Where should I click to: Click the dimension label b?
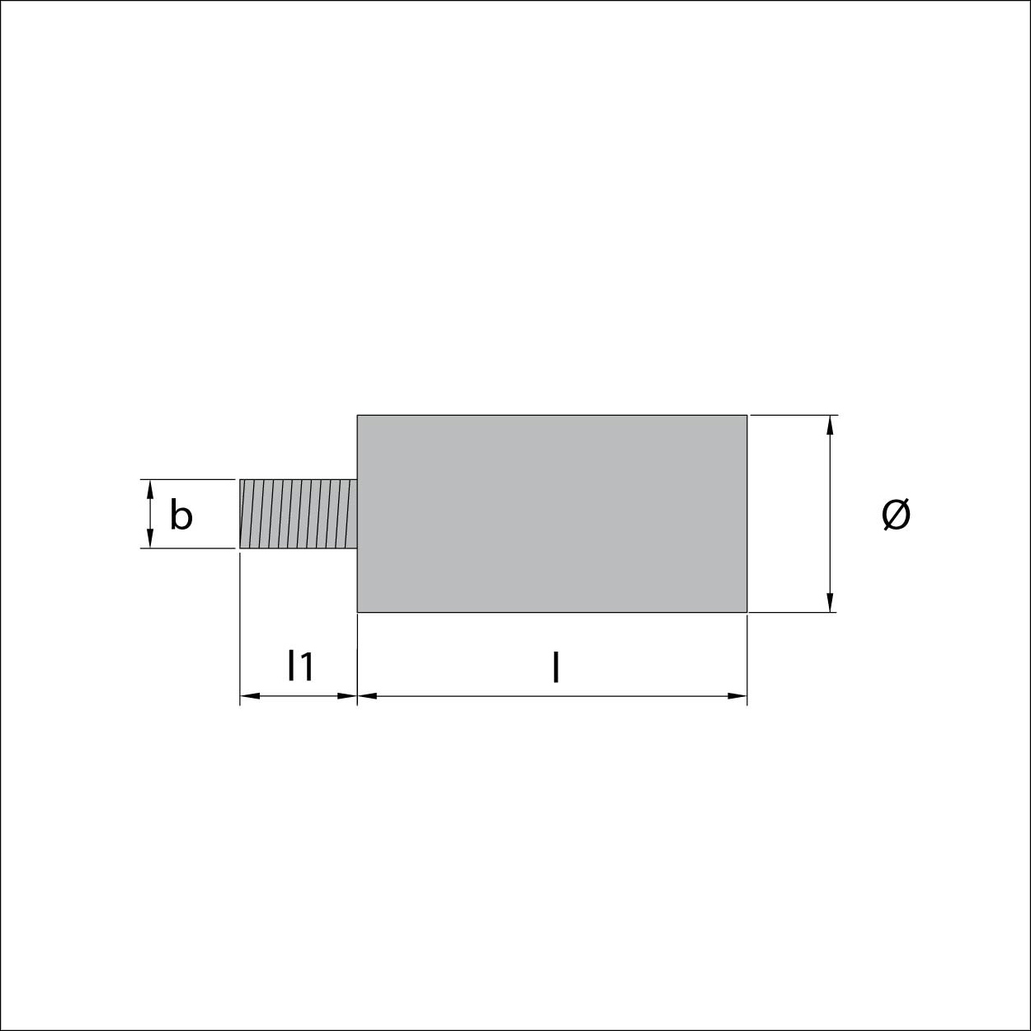point(181,515)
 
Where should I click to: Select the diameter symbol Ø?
point(896,514)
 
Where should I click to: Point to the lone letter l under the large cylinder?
point(557,666)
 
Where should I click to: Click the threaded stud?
point(299,514)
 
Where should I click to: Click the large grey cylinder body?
point(552,513)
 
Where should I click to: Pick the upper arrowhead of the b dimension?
point(150,490)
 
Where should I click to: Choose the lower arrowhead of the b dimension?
point(150,539)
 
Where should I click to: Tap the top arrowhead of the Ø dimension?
point(830,425)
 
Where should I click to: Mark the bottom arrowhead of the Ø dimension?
point(830,602)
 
